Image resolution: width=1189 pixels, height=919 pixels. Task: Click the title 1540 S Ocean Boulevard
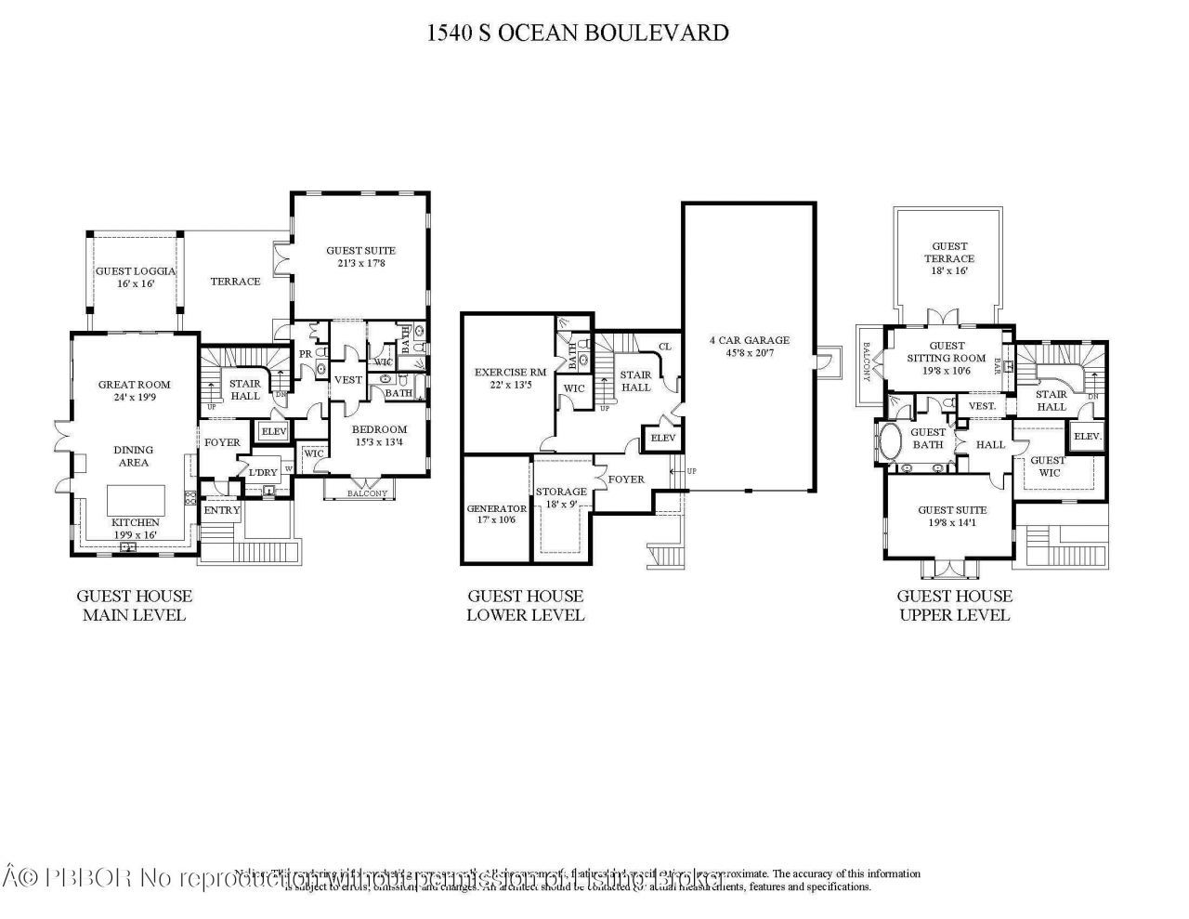pyautogui.click(x=577, y=33)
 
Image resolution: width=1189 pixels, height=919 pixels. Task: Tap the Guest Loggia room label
pyautogui.click(x=136, y=278)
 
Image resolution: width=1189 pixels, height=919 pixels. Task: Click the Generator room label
pyautogui.click(x=496, y=514)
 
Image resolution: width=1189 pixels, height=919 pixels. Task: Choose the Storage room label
pyautogui.click(x=561, y=498)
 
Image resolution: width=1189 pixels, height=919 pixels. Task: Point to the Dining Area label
pyautogui.click(x=134, y=455)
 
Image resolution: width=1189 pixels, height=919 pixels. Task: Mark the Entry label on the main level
pyautogui.click(x=222, y=510)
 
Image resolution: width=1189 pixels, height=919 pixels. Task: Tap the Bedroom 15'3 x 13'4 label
pyautogui.click(x=379, y=435)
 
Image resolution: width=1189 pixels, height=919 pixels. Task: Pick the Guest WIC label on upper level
pyautogui.click(x=1048, y=466)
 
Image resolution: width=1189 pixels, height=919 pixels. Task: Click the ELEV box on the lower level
pyautogui.click(x=662, y=439)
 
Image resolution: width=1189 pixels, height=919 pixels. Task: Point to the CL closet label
pyautogui.click(x=664, y=347)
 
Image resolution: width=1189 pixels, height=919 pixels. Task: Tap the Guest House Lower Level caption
pyautogui.click(x=525, y=605)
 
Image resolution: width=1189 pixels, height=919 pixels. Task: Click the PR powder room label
pyautogui.click(x=305, y=354)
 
